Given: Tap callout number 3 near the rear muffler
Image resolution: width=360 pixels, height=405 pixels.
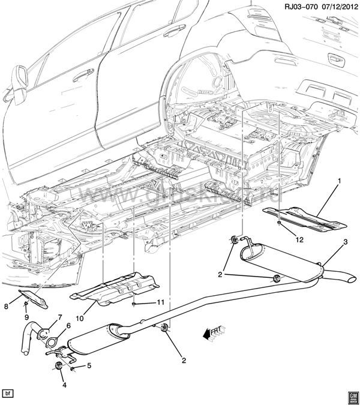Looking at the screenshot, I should point(345,242).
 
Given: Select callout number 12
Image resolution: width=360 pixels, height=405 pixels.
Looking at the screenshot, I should point(299,239).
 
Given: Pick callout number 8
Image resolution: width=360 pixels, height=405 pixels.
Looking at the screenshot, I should point(7,305).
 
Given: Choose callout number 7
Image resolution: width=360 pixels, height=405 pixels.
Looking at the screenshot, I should point(59,317).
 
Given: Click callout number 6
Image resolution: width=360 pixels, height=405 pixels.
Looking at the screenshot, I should point(68,326).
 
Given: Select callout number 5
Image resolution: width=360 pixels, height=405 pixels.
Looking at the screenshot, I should point(89,366).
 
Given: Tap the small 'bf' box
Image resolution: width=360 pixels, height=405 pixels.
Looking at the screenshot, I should point(8,394).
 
